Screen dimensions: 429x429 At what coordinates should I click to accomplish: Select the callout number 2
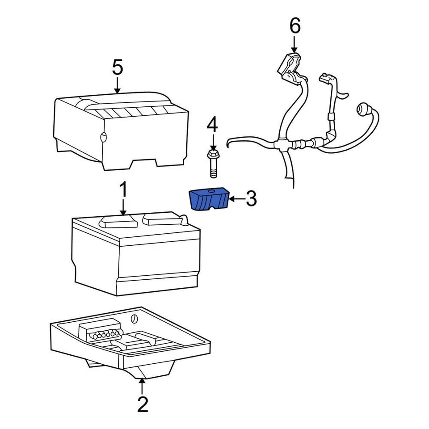point(142,404)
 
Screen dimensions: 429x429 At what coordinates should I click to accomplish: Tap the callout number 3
point(251,199)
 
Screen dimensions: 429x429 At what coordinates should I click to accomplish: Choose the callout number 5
point(117,67)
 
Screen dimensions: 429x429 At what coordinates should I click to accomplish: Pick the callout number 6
point(294,26)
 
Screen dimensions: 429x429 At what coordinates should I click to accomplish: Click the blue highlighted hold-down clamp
point(209,200)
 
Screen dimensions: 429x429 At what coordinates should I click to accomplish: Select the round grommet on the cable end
point(362,110)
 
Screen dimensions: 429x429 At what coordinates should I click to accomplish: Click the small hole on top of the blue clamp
point(210,192)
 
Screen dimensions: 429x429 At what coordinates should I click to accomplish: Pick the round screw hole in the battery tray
point(134,320)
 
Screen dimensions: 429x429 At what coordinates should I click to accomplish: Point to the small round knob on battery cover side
point(104,137)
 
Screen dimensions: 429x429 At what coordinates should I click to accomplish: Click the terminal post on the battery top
point(182,218)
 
